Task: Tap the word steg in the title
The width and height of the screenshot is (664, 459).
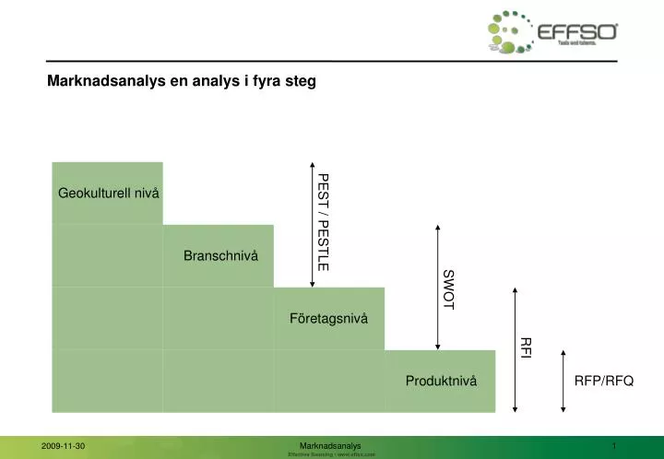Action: point(301,81)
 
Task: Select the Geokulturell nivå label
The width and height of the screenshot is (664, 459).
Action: point(108,193)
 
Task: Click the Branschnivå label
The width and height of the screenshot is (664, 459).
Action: point(221,255)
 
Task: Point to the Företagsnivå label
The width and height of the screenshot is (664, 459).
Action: point(328,319)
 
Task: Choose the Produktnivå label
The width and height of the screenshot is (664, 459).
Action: point(441,382)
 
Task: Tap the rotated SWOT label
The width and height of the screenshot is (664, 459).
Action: point(448,288)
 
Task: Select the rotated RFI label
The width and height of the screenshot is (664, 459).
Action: point(526,347)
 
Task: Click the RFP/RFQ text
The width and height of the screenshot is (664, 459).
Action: point(604,382)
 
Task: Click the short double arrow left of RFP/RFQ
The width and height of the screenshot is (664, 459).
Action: point(562,380)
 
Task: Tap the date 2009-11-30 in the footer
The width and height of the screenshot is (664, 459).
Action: point(63,446)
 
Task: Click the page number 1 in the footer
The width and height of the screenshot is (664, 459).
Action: point(613,446)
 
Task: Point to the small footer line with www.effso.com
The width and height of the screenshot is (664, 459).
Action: point(331,455)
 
